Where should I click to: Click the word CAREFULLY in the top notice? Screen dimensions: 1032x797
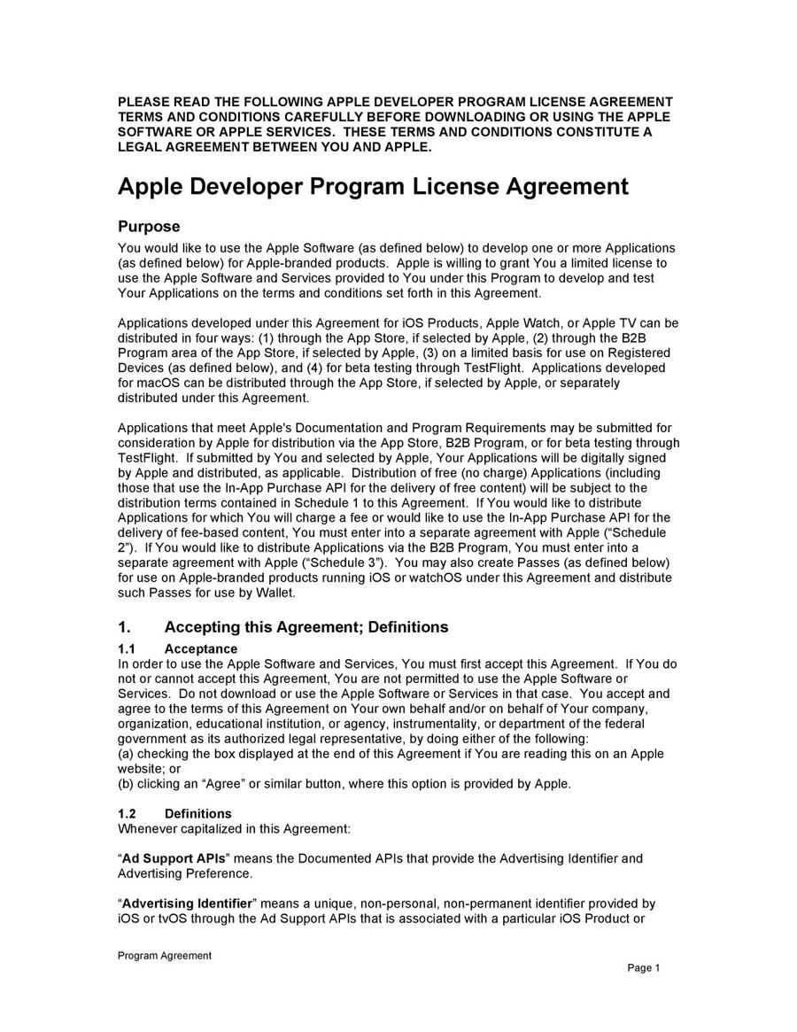(x=323, y=117)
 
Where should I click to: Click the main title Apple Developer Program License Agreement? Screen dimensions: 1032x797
(x=373, y=187)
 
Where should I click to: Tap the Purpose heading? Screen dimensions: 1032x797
(x=149, y=227)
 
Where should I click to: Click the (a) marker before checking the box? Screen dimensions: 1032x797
(x=127, y=754)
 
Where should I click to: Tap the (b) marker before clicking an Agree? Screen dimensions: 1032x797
(x=127, y=784)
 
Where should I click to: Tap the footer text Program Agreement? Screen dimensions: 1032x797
(x=165, y=955)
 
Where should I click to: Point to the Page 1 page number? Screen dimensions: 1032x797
(x=644, y=968)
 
